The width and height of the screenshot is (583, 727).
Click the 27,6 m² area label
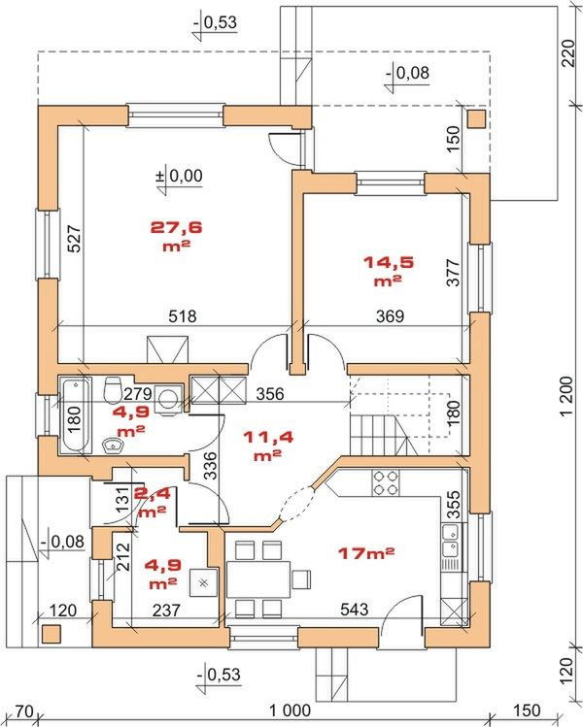(x=177, y=236)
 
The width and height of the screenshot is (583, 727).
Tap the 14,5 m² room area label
(x=388, y=270)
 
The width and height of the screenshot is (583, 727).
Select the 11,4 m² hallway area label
(x=268, y=446)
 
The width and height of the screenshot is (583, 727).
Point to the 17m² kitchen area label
(x=366, y=552)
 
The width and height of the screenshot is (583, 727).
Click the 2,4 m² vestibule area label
(x=153, y=502)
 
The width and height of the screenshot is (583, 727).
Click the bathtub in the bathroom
(x=75, y=414)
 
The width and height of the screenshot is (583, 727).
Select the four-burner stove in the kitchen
(x=385, y=482)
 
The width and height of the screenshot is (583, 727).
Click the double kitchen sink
(x=450, y=541)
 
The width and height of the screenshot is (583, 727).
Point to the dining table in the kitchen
(x=258, y=579)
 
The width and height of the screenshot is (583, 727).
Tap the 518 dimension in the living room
(x=183, y=316)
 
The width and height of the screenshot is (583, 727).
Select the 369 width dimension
(x=390, y=316)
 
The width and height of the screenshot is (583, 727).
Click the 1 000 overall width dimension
(x=291, y=710)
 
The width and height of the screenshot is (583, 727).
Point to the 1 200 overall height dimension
(x=566, y=396)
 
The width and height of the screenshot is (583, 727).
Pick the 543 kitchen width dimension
(x=354, y=609)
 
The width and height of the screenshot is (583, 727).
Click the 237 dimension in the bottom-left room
(x=166, y=610)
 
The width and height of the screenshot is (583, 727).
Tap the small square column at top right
(x=476, y=119)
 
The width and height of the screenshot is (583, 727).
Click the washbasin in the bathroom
(x=113, y=446)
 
